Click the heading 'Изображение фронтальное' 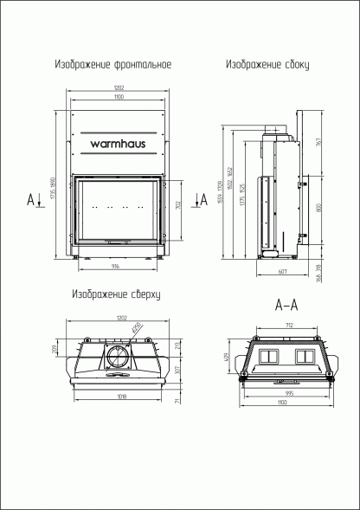[112, 65]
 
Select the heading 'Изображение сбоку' [267, 65]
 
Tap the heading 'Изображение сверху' [117, 294]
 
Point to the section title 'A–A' [286, 306]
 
